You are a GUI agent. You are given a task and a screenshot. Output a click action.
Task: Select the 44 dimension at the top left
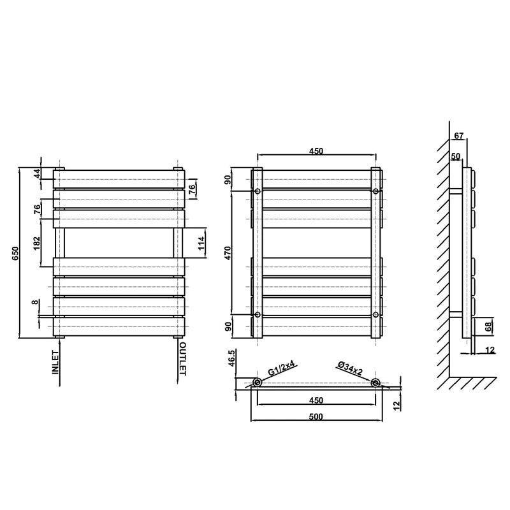[38, 173]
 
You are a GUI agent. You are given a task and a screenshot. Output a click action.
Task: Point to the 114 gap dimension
[201, 242]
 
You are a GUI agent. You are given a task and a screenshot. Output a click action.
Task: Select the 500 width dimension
[316, 416]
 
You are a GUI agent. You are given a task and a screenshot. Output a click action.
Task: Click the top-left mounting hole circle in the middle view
[258, 191]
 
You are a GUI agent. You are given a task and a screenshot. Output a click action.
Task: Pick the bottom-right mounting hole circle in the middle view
[376, 315]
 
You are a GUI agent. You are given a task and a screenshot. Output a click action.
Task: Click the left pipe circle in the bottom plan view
[257, 382]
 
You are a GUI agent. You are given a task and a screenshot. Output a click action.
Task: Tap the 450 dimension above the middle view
[316, 151]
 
